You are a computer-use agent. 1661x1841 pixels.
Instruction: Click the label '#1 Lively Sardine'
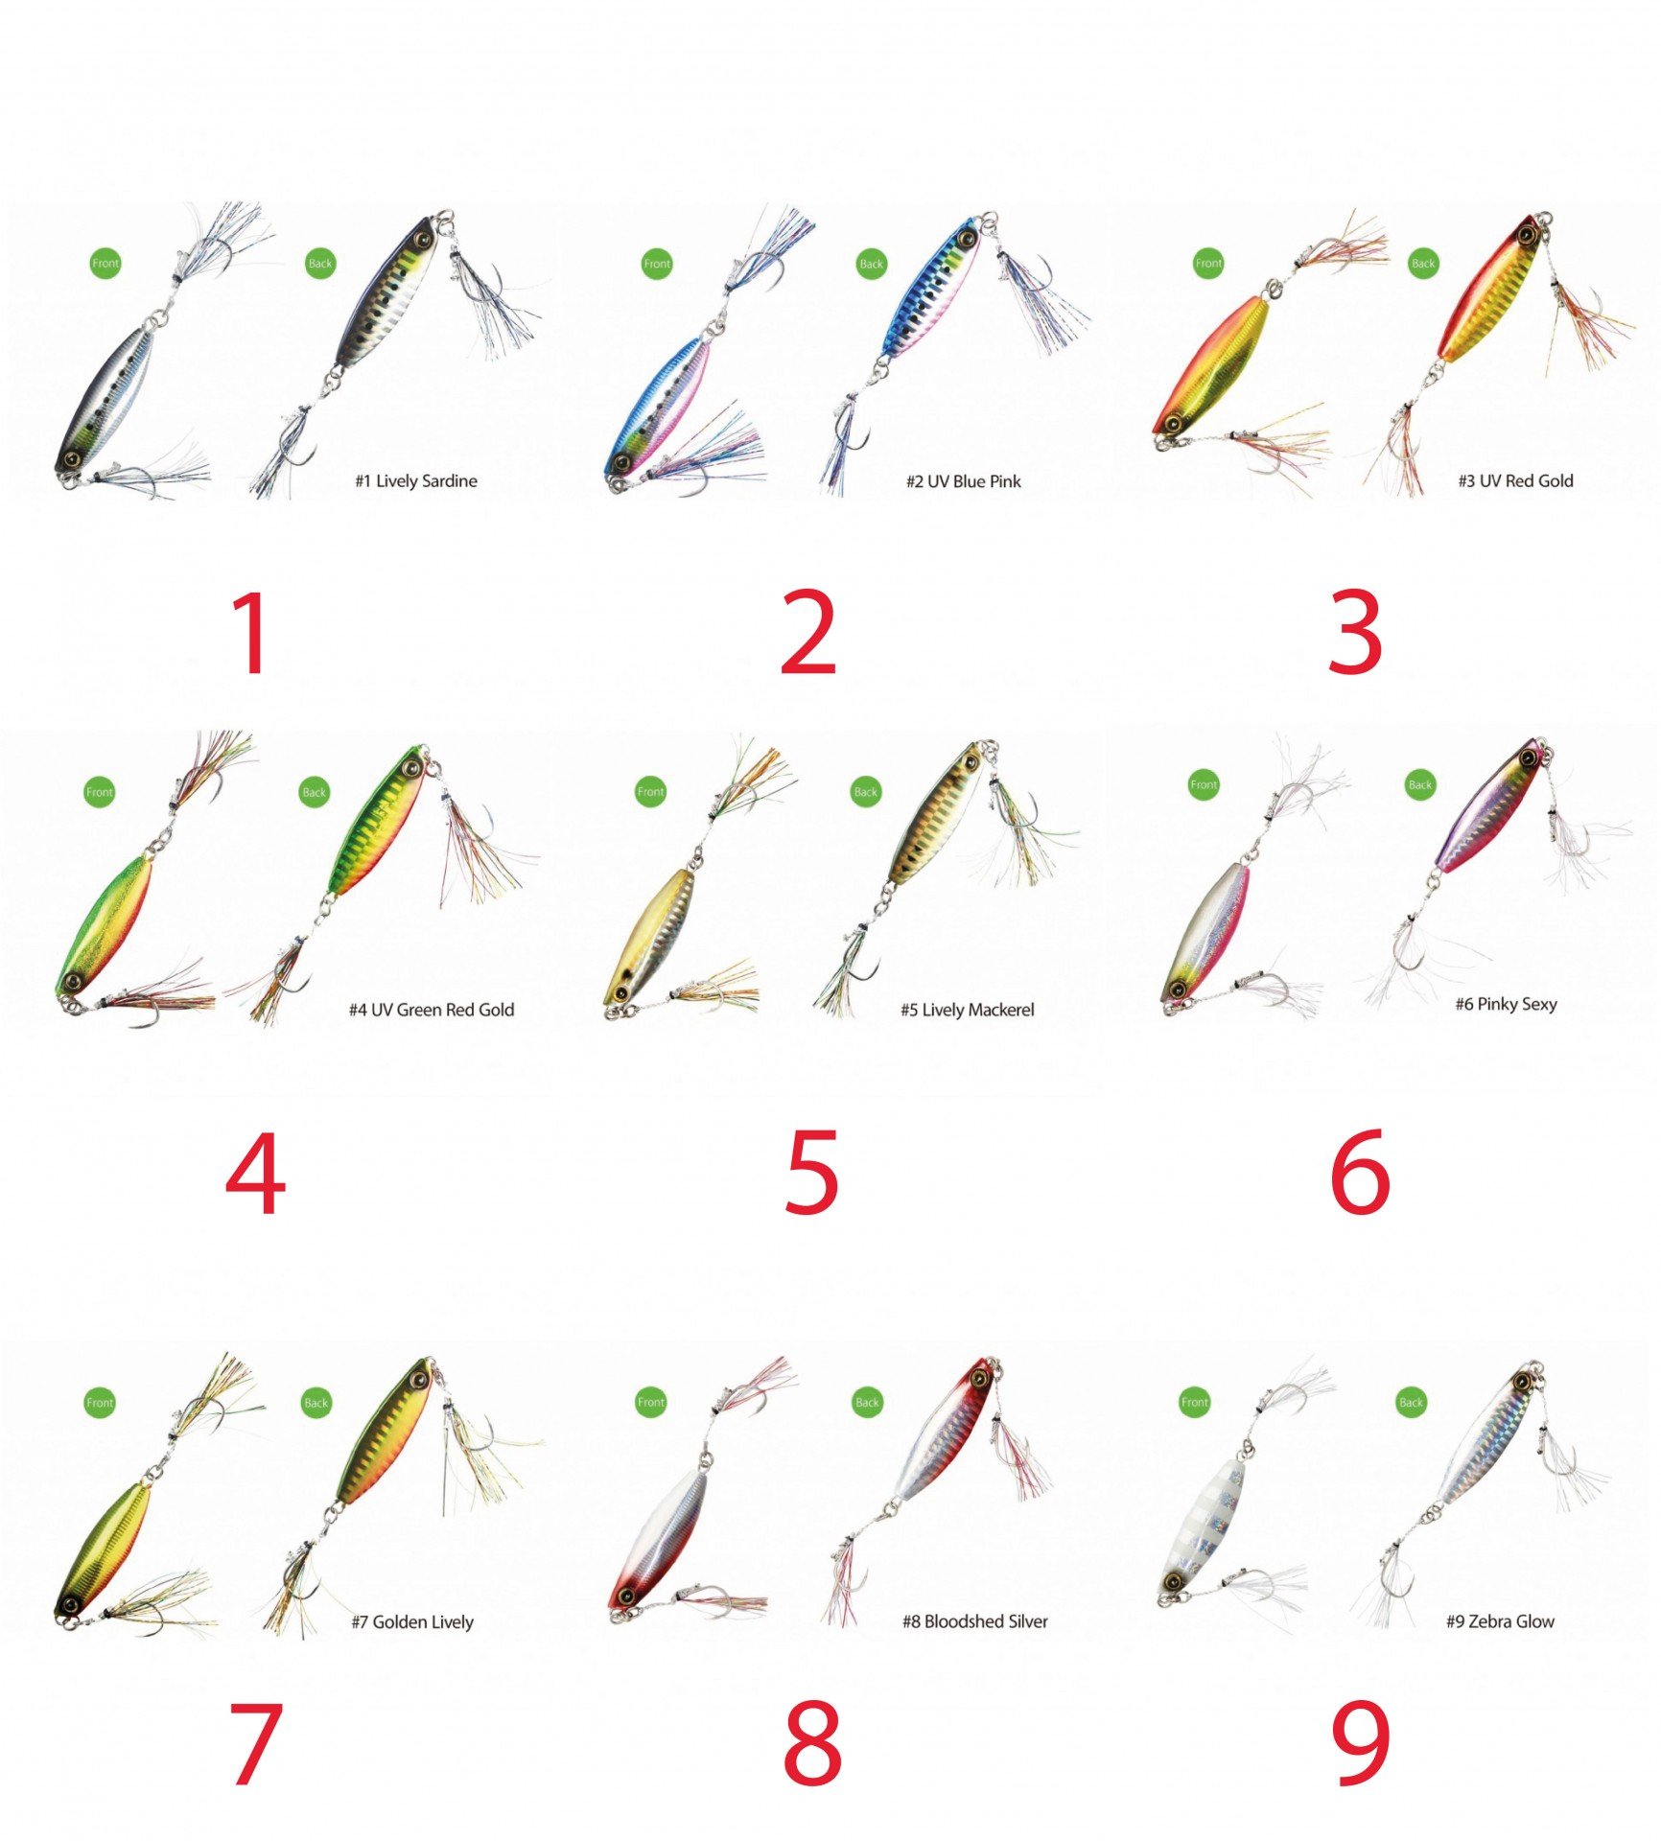pos(416,481)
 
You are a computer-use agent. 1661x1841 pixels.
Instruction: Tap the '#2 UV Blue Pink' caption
pos(964,481)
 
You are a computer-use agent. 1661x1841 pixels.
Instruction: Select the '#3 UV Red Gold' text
pos(1515,481)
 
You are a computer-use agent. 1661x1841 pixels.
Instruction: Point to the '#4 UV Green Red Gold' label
pos(432,1010)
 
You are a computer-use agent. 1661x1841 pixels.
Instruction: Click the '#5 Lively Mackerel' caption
pos(968,1010)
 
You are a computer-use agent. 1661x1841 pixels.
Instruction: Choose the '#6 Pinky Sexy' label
pos(1506,1004)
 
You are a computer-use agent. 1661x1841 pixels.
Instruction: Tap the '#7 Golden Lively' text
pos(412,1621)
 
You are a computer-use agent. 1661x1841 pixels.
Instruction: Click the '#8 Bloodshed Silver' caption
pos(974,1621)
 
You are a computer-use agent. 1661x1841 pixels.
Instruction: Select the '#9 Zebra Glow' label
pos(1500,1621)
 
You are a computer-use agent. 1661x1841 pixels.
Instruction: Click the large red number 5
pos(811,1171)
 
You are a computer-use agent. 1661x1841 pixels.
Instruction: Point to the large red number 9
pos(1361,1742)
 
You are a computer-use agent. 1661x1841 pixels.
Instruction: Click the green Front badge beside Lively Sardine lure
pos(105,263)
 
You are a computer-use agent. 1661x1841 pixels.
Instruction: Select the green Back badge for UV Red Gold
pos(1423,263)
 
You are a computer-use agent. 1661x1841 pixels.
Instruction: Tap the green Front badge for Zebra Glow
pos(1195,1402)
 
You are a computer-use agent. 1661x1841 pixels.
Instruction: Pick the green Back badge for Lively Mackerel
pos(866,792)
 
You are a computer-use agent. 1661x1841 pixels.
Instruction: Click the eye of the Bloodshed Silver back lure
pos(980,1378)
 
